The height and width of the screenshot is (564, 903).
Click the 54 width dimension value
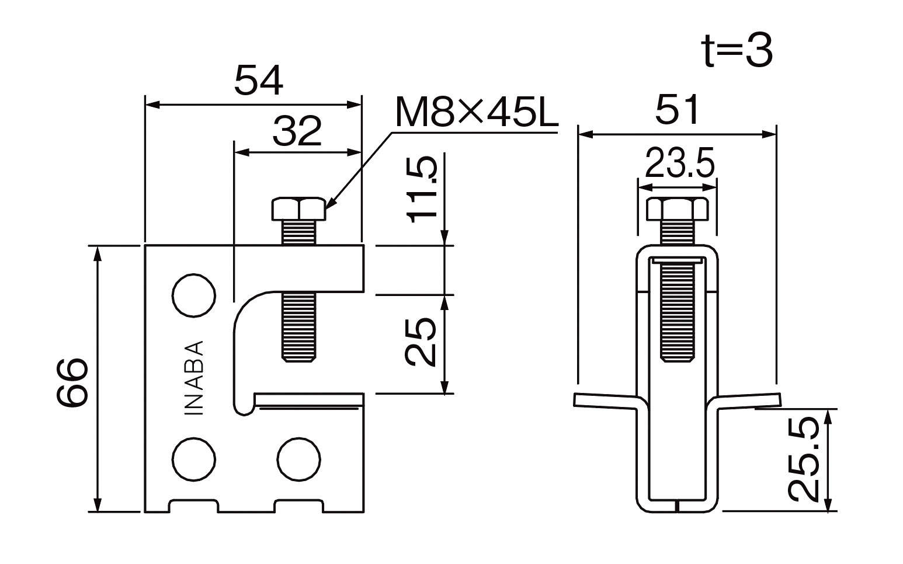point(259,81)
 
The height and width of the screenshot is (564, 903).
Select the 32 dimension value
point(297,131)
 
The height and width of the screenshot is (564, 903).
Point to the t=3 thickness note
point(737,51)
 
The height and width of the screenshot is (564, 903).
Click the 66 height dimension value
point(72,381)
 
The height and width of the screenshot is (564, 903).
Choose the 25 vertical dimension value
point(421,342)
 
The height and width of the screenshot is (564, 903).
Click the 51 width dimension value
point(677,109)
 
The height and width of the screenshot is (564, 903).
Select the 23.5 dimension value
point(680,163)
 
